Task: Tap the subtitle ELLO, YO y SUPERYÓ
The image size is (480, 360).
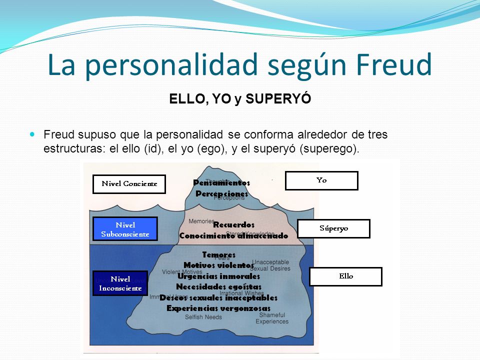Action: pyautogui.click(x=240, y=99)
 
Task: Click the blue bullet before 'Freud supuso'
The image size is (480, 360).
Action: pyautogui.click(x=33, y=134)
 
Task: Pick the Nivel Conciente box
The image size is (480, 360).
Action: pyautogui.click(x=129, y=184)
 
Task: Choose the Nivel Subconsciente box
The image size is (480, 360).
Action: pyautogui.click(x=125, y=229)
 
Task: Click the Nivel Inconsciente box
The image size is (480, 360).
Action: pyautogui.click(x=120, y=283)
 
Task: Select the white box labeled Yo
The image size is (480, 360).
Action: pyautogui.click(x=321, y=180)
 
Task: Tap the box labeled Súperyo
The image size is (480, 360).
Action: pyautogui.click(x=333, y=228)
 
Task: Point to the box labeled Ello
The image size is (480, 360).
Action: pyautogui.click(x=345, y=276)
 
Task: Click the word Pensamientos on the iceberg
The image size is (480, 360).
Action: pyautogui.click(x=221, y=183)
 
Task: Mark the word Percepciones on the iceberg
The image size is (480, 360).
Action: pyautogui.click(x=221, y=193)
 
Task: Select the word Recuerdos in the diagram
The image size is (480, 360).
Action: pyautogui.click(x=233, y=225)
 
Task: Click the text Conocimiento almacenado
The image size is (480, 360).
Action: pyautogui.click(x=233, y=235)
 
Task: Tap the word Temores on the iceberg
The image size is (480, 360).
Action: pyautogui.click(x=218, y=254)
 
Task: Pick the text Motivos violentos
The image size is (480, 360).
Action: pyautogui.click(x=218, y=265)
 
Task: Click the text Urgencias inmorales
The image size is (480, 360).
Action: pyautogui.click(x=218, y=276)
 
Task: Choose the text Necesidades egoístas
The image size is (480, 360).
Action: pyautogui.click(x=218, y=287)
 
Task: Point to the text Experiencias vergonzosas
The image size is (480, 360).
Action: pyautogui.click(x=218, y=308)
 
